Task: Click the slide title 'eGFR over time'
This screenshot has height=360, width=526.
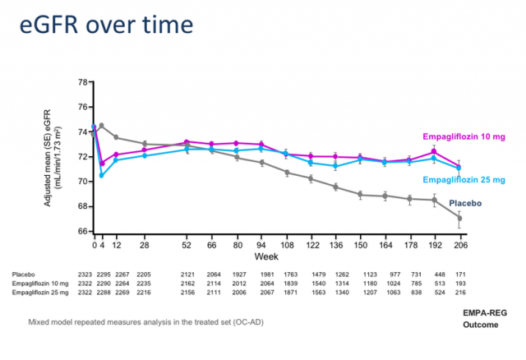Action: (x=106, y=25)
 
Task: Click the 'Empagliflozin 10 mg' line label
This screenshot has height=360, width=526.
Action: (x=464, y=137)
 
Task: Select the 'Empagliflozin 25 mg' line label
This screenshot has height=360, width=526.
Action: (x=464, y=180)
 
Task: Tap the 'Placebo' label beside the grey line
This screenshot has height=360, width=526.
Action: (x=465, y=203)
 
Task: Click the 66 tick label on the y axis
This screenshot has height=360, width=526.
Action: (x=83, y=231)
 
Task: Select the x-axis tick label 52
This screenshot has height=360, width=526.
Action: (x=187, y=245)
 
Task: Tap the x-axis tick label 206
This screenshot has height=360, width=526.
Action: (x=460, y=245)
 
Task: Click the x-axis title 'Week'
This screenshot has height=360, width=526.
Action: (x=266, y=256)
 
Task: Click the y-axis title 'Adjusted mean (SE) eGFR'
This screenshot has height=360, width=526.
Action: (x=48, y=158)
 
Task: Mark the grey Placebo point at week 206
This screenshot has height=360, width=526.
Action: (x=459, y=218)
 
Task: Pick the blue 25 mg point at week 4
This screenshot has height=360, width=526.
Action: (x=102, y=175)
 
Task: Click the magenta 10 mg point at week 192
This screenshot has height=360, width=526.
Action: (x=434, y=152)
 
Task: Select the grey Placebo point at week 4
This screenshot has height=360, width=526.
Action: (x=102, y=126)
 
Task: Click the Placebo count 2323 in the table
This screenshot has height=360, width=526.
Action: (x=85, y=275)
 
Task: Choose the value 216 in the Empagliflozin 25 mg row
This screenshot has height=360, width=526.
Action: (x=460, y=293)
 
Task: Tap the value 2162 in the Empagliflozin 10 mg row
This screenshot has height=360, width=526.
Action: (x=187, y=284)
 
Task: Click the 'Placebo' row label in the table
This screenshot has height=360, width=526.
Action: (x=24, y=275)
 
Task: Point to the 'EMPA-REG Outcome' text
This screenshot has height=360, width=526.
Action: (x=485, y=319)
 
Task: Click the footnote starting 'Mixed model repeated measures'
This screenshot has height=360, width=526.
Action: (x=146, y=322)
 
